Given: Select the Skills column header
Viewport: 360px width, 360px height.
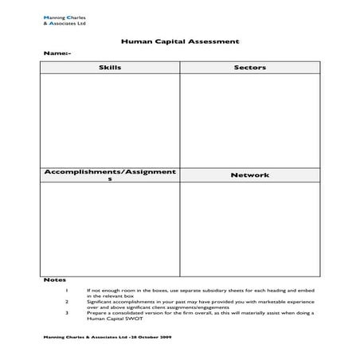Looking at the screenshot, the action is pos(110,68).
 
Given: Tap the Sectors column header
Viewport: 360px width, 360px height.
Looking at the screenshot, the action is pos(249,68).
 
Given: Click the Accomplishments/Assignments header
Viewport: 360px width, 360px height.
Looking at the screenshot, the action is pos(110,174).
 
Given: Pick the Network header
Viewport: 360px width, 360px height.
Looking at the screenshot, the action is pos(249,174).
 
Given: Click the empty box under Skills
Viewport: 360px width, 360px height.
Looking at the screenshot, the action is pos(110,119).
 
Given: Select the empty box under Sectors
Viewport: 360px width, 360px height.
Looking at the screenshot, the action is pos(249,119).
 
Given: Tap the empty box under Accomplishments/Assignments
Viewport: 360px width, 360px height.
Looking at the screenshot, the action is pos(110,228).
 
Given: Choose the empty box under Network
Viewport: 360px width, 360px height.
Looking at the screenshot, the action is pos(249,228).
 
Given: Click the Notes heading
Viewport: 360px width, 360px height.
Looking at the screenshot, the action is pos(51,281).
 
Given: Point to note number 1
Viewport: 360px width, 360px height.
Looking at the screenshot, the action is pos(68,290).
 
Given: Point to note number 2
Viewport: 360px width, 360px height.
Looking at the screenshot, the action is pos(68,303).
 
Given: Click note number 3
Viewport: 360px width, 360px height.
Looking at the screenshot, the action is pos(68,313).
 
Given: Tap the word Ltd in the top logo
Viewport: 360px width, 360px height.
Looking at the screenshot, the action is pos(82,23).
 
